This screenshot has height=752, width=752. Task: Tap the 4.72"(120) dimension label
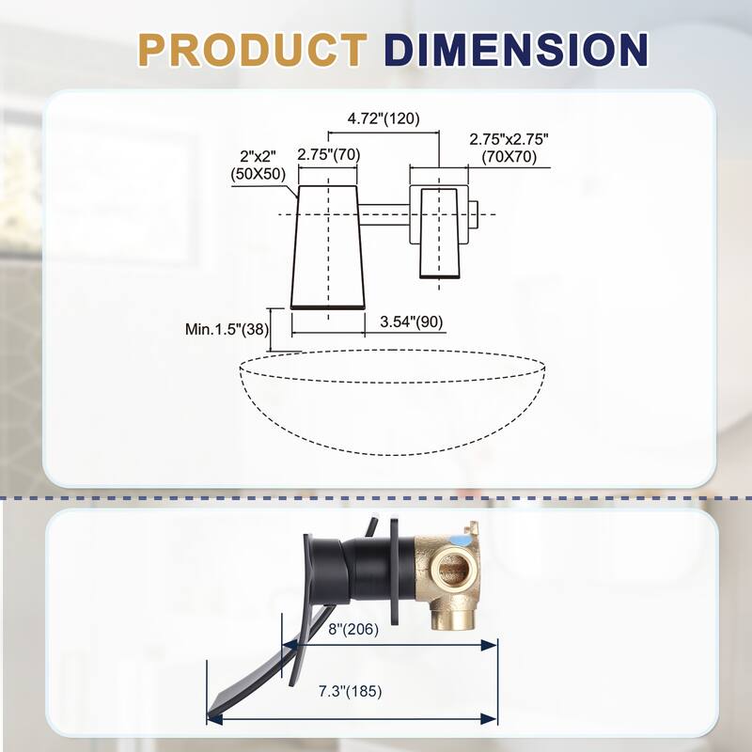[383, 118]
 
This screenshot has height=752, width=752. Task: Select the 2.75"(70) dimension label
[327, 154]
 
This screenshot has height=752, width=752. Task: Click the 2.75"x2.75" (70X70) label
[509, 148]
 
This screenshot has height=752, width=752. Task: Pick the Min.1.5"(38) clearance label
[226, 329]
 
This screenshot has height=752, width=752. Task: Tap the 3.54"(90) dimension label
[411, 321]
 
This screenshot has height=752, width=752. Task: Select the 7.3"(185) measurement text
[350, 690]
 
